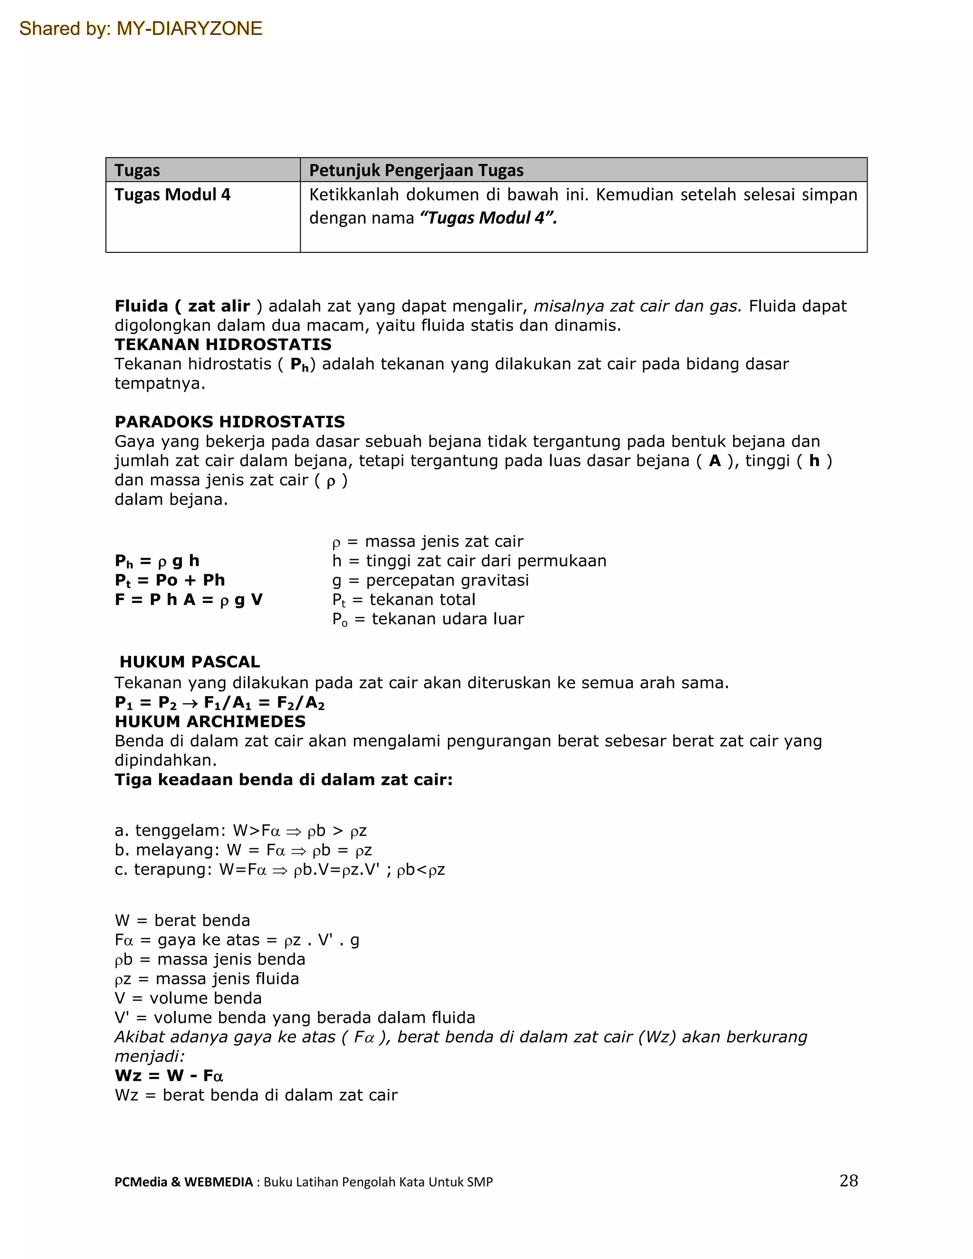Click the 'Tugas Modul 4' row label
coord(172,195)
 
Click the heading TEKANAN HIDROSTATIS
coord(223,345)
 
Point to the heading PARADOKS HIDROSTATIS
coord(229,422)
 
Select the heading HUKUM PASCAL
coord(190,662)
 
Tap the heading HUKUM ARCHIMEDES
coord(210,722)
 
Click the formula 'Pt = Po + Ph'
coord(170,581)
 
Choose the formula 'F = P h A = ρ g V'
coord(189,600)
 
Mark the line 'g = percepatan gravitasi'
coord(430,581)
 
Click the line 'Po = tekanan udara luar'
coord(428,619)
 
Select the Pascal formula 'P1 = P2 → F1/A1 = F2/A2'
coord(219,703)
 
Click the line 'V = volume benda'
coord(188,999)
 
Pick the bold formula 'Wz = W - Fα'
coord(169,1076)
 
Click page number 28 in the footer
coord(849,1181)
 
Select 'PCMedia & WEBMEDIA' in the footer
coord(183,1183)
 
